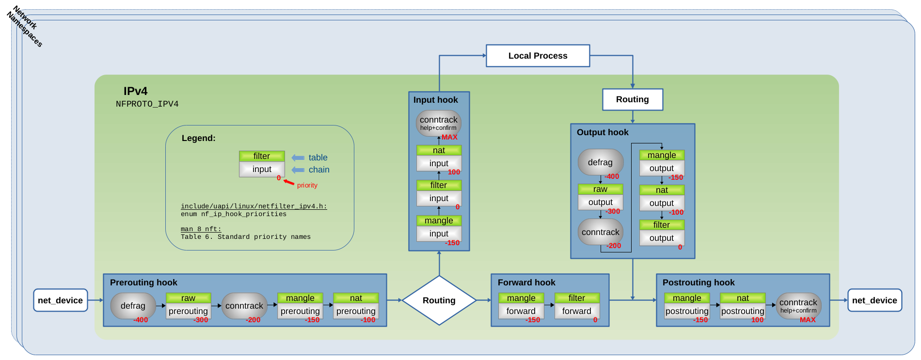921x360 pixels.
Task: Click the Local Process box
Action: (x=538, y=56)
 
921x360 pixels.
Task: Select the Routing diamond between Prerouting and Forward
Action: (x=439, y=300)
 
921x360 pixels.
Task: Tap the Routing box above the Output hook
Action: (x=632, y=99)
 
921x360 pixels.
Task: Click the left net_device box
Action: (x=60, y=300)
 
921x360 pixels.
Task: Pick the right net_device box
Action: (x=874, y=300)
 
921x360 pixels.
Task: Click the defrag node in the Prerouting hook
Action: (x=133, y=306)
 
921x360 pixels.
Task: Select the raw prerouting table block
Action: (x=188, y=305)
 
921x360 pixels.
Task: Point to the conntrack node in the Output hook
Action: (x=600, y=232)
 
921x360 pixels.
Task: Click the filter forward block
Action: (x=576, y=305)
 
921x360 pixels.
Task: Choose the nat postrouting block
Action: (x=742, y=305)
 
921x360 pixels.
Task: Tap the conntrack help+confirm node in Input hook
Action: (x=438, y=123)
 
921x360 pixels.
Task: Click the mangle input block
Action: (x=439, y=228)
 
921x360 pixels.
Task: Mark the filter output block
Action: (x=661, y=232)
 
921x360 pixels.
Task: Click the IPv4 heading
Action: (x=135, y=91)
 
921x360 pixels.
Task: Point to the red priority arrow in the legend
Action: (x=289, y=182)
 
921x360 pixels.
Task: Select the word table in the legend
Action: (x=318, y=157)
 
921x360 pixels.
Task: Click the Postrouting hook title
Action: (x=698, y=282)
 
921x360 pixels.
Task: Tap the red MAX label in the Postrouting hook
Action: (x=808, y=320)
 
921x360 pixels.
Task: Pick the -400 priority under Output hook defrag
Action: (x=612, y=176)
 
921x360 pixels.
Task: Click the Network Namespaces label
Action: (x=25, y=26)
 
